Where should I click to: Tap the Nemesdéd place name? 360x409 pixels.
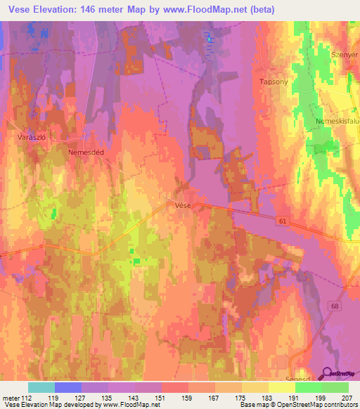point(86,151)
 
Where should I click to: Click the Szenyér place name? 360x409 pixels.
point(344,55)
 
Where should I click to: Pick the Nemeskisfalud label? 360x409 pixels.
point(338,122)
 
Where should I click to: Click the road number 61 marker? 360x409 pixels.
point(282,221)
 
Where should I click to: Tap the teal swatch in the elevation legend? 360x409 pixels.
point(41,387)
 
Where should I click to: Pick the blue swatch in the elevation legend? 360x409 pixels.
point(67,387)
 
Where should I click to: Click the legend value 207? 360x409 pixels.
point(347,398)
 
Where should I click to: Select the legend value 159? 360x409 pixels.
point(188,398)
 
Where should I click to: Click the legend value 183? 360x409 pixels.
point(268,398)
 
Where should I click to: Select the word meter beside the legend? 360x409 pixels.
point(11,398)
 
